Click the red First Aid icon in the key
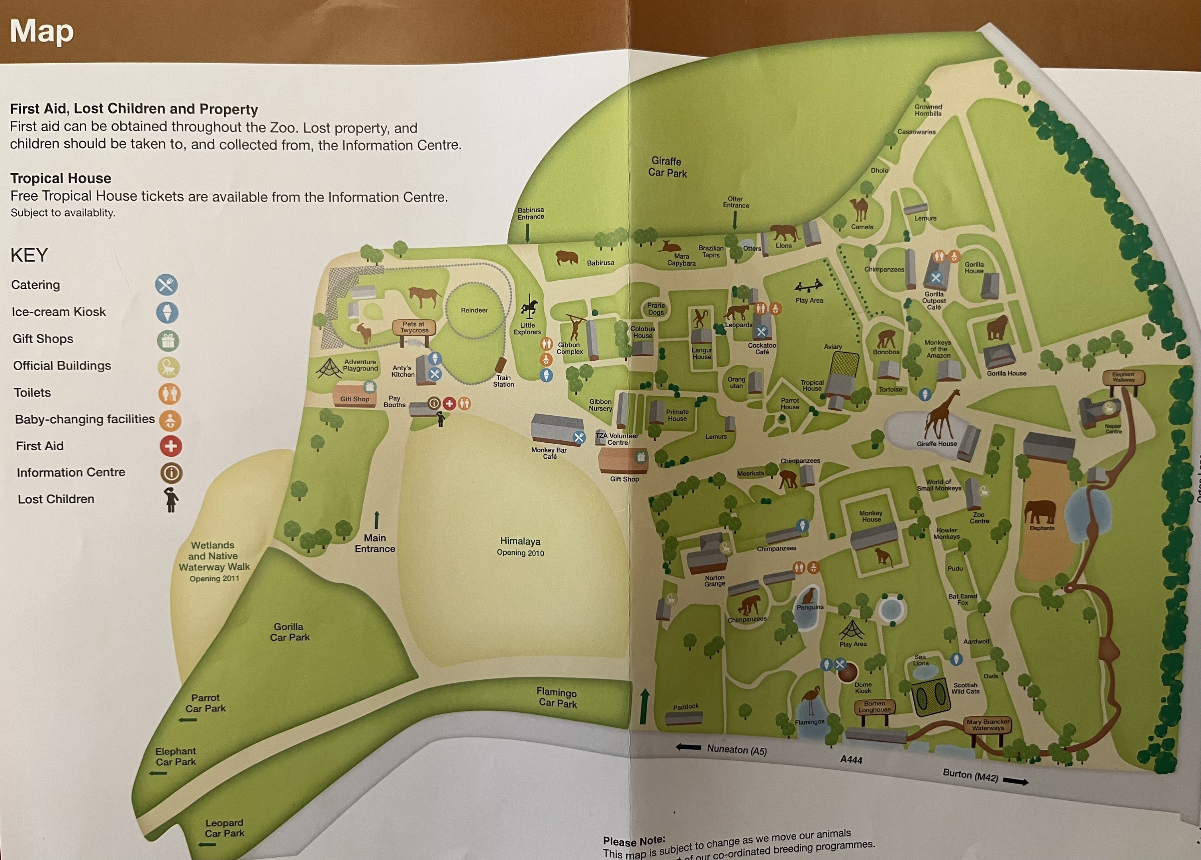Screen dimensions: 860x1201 click(x=171, y=446)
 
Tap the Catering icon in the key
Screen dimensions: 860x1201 click(x=166, y=285)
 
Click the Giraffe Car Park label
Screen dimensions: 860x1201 click(x=667, y=167)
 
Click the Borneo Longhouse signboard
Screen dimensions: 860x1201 click(x=874, y=707)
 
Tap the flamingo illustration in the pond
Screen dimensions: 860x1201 click(x=811, y=700)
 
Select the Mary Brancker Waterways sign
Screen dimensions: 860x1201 click(x=987, y=725)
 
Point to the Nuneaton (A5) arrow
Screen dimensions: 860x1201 click(x=688, y=747)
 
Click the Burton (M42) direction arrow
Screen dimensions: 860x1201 click(x=1015, y=781)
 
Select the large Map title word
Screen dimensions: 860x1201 click(x=42, y=32)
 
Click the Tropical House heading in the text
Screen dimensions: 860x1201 click(x=61, y=178)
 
